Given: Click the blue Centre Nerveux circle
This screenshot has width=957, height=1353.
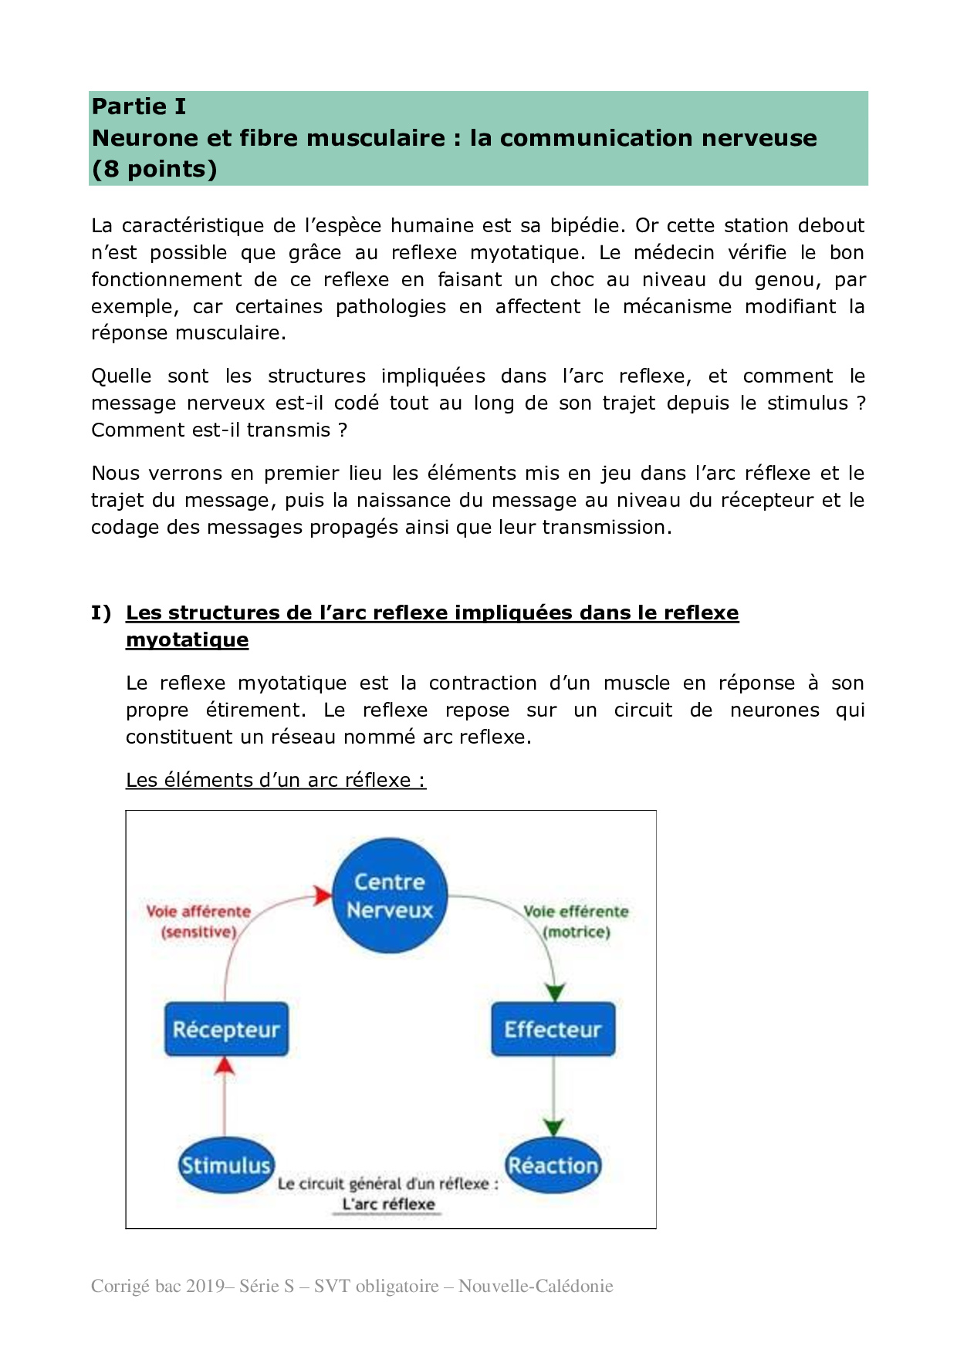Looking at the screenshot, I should [390, 896].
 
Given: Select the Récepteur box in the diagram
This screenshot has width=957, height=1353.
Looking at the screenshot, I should [226, 1029].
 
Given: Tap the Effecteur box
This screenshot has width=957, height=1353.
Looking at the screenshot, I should [553, 1029].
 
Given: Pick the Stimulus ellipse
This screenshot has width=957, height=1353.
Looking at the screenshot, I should [225, 1165].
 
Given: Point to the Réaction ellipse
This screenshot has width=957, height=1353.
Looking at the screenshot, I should [553, 1165].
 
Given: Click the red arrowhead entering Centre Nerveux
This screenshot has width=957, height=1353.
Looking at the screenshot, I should [323, 896].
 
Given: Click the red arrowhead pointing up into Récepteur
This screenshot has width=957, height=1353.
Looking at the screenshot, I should [225, 1065].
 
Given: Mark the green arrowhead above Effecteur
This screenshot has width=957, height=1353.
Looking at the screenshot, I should [555, 992].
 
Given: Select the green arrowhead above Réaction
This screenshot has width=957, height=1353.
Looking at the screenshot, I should [553, 1127].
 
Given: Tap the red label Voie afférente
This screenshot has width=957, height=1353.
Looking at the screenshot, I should [198, 912].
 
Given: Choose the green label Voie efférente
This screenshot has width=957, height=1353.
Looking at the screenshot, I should [576, 912].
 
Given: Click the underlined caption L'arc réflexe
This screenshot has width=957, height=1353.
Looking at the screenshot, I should [388, 1204].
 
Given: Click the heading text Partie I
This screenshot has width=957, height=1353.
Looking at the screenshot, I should [139, 106].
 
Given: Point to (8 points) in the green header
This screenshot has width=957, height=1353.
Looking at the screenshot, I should [154, 169].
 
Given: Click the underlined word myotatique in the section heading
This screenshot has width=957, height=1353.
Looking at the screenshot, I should [188, 639].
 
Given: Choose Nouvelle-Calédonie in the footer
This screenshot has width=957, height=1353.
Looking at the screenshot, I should [536, 1286].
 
